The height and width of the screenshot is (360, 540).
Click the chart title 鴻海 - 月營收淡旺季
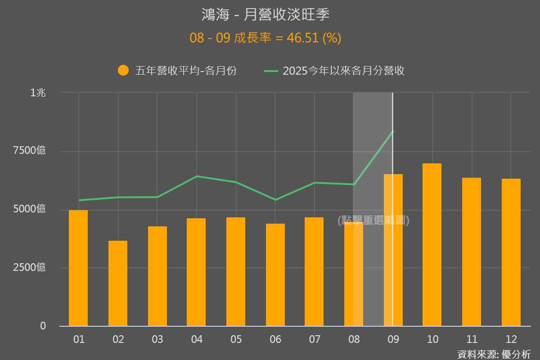[265, 14]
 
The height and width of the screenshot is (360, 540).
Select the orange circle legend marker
[123, 71]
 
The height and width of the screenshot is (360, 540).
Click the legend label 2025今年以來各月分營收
[343, 71]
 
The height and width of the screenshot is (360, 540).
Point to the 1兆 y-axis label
[38, 93]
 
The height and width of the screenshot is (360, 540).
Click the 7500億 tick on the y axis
[29, 150]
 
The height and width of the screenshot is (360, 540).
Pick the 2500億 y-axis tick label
[29, 267]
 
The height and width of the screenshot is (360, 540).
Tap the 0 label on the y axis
[43, 326]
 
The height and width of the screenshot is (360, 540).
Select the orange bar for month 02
[118, 283]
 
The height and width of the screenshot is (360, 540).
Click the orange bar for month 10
[432, 245]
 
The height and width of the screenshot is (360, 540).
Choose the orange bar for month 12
[511, 252]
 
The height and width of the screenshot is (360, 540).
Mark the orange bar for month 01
[78, 268]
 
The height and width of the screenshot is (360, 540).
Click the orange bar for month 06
[275, 274]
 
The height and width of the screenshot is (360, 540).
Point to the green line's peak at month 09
[393, 131]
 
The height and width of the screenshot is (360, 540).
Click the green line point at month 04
[197, 176]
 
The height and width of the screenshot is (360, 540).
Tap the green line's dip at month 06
[275, 199]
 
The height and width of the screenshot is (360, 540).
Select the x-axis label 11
[472, 339]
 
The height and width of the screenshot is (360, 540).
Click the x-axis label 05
[236, 339]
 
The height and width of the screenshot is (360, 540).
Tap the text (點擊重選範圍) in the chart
[373, 220]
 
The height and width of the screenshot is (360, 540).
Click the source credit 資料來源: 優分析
[494, 354]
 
